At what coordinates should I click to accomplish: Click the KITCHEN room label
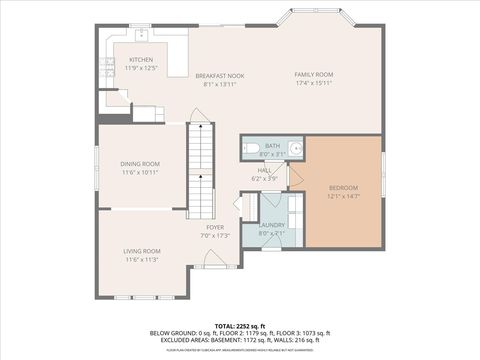pyautogui.click(x=141, y=60)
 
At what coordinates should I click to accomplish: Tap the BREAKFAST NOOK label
pyautogui.click(x=219, y=76)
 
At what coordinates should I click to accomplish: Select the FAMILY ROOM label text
pyautogui.click(x=313, y=74)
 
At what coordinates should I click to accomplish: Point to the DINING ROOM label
pyautogui.click(x=140, y=163)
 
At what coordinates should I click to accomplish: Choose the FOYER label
pyautogui.click(x=215, y=227)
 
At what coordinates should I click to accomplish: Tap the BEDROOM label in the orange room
pyautogui.click(x=343, y=187)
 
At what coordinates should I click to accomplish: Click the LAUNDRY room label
pyautogui.click(x=272, y=225)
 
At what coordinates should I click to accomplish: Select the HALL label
pyautogui.click(x=265, y=170)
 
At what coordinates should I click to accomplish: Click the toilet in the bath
pyautogui.click(x=249, y=150)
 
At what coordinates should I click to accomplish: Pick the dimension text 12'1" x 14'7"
pyautogui.click(x=343, y=196)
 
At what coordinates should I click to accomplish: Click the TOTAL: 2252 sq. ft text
pyautogui.click(x=239, y=326)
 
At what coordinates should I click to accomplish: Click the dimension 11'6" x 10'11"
pyautogui.click(x=140, y=172)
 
